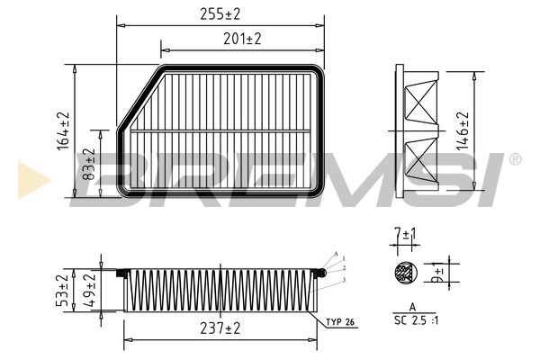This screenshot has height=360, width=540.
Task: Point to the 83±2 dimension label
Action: click(x=89, y=163)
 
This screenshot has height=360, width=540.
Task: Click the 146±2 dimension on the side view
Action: click(x=463, y=131)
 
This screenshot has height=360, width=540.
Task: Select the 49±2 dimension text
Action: click(x=89, y=292)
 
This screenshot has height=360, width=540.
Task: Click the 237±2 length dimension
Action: click(x=219, y=329)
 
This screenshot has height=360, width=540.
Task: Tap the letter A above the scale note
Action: click(x=411, y=308)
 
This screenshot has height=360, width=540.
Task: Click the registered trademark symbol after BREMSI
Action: click(x=514, y=159)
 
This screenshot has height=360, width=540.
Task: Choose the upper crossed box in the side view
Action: click(x=419, y=101)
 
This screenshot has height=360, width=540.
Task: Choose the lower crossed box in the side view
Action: click(x=419, y=163)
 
